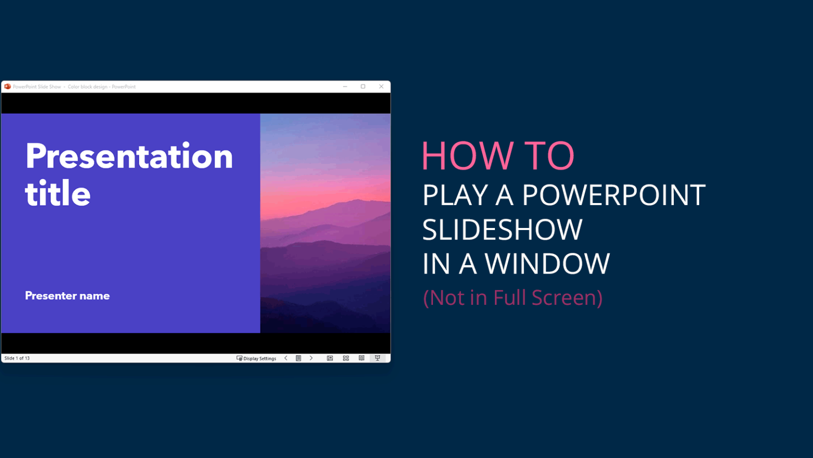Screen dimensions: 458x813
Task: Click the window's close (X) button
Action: click(x=381, y=86)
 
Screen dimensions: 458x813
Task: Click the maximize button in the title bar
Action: click(x=363, y=86)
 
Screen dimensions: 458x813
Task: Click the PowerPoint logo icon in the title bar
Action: click(x=7, y=86)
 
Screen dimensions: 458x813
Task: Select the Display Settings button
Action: click(x=256, y=358)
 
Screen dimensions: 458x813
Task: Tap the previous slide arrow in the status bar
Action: click(x=286, y=358)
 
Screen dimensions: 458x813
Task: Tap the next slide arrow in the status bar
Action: click(x=311, y=358)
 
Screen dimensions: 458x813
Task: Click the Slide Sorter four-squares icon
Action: click(x=346, y=358)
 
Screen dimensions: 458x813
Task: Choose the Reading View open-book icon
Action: click(x=362, y=358)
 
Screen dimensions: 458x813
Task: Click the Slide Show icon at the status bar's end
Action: click(x=377, y=358)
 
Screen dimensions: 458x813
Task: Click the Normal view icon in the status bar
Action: click(x=330, y=358)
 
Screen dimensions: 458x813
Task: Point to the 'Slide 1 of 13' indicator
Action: click(x=17, y=358)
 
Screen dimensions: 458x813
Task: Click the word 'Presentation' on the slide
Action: click(x=129, y=156)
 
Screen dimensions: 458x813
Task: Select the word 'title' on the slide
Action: click(x=58, y=193)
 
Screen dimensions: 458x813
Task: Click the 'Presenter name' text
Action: click(x=67, y=296)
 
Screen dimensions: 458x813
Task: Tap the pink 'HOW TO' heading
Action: click(x=498, y=156)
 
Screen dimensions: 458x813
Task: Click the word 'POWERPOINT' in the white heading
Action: click(x=613, y=195)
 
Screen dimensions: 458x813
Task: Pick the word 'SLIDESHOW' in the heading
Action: click(x=502, y=229)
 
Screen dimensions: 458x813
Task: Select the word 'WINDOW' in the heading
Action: click(x=547, y=263)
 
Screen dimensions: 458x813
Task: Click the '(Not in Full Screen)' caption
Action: click(x=512, y=297)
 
